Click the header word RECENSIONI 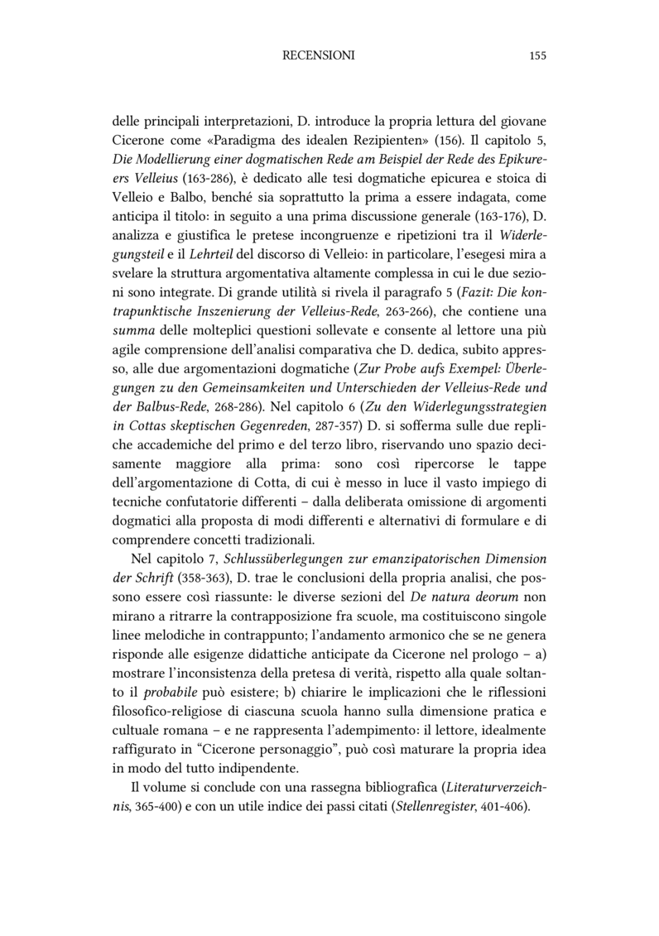318,56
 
